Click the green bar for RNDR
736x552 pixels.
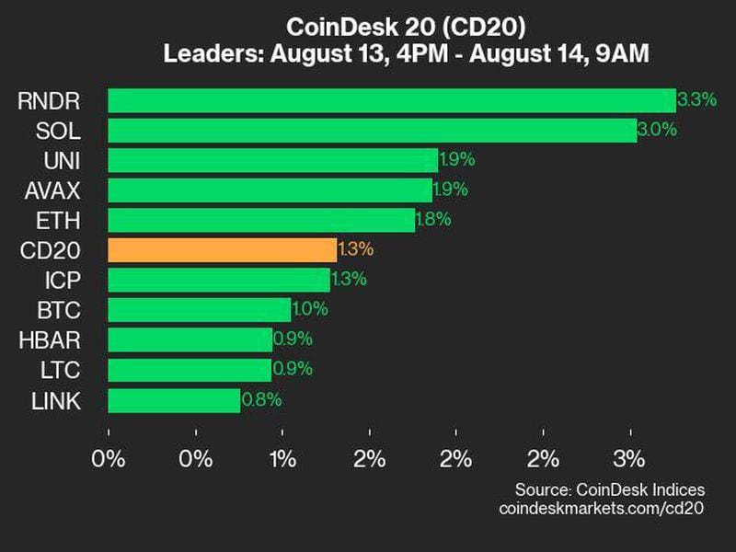click(x=391, y=100)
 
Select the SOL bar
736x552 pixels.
click(x=372, y=130)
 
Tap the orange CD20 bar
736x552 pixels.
click(x=222, y=250)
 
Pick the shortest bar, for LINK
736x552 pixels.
click(x=174, y=400)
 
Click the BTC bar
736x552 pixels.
click(x=199, y=310)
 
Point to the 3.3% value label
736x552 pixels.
click(x=696, y=100)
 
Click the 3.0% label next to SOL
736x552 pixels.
click(x=657, y=130)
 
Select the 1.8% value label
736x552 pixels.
click(x=434, y=220)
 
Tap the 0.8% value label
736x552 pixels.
click(x=261, y=400)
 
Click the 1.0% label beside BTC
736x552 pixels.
click(x=310, y=310)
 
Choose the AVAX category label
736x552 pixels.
click(x=53, y=190)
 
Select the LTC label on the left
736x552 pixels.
click(x=61, y=370)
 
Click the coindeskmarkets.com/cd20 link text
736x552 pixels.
click(x=601, y=508)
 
